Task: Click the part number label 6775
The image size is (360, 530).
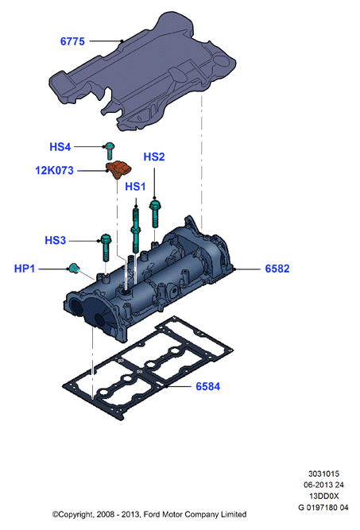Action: [x=72, y=41]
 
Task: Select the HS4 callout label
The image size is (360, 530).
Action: [x=60, y=147]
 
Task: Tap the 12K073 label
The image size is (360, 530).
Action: [x=54, y=170]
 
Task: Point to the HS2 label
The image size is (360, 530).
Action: [x=154, y=157]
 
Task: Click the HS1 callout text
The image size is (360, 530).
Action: [x=135, y=186]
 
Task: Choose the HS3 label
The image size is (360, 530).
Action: [x=55, y=240]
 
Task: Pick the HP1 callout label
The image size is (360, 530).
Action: [x=25, y=269]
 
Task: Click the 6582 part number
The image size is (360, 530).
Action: [x=277, y=269]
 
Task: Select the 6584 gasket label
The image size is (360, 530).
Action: [x=208, y=386]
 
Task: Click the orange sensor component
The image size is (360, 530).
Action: [x=118, y=169]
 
